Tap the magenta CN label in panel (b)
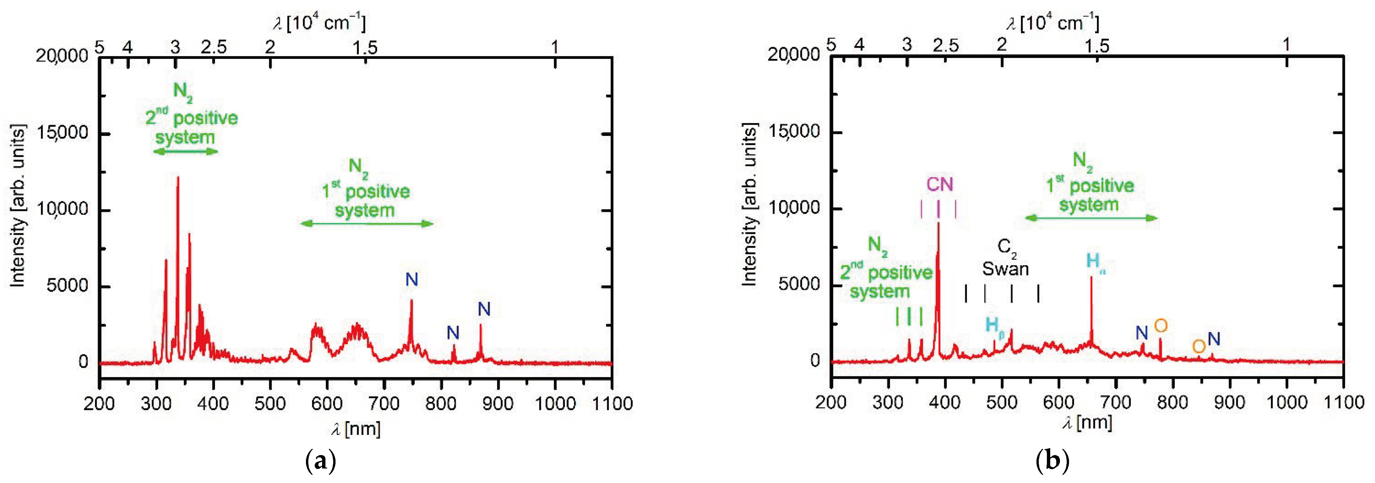point(939,184)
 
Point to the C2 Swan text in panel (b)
point(1006,259)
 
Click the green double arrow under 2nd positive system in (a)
point(185,151)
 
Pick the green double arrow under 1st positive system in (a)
point(367,223)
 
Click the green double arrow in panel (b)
point(1091,218)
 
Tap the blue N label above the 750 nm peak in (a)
point(411,280)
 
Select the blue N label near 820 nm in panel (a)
point(453,333)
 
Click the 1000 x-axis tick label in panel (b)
point(1286,402)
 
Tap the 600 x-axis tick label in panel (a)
point(327,403)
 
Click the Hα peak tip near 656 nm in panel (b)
point(1091,278)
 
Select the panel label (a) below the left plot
point(320,460)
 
